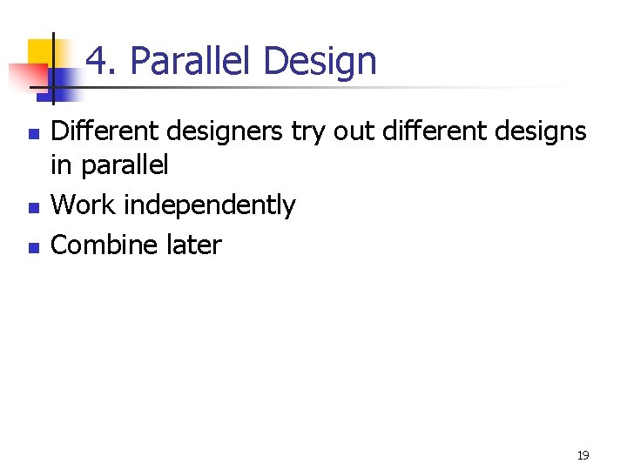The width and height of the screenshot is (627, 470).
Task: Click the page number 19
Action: coord(583,455)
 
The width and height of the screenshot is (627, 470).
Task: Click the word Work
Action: coord(84,205)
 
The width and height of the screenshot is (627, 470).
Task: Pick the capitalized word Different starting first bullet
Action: coord(103,132)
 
